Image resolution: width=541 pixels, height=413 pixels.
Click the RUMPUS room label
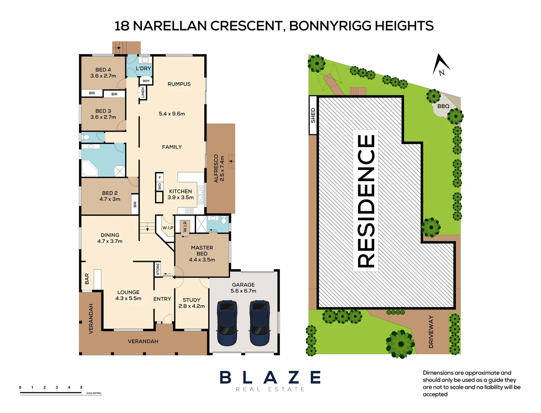pos(179,84)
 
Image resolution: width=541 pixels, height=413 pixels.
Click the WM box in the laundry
pos(146,81)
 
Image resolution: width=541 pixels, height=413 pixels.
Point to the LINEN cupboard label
pos(143,93)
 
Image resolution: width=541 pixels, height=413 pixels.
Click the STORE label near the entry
pos(158,269)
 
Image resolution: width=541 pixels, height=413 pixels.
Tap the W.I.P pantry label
pos(168,228)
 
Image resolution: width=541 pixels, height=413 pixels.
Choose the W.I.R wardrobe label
pos(185,226)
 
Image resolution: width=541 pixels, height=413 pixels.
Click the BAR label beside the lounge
pos(87,278)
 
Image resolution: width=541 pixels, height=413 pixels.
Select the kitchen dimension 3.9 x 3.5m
pos(181,197)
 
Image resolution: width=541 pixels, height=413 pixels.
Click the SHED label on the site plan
pos(313,115)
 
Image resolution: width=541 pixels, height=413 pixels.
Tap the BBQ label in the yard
pos(443,106)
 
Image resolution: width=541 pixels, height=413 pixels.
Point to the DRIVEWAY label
pos(431,332)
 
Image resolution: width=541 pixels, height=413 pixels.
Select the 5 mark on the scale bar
pos(81,387)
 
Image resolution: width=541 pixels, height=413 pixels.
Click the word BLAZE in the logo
pos(270,377)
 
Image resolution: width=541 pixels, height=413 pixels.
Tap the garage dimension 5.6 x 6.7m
pos(243,291)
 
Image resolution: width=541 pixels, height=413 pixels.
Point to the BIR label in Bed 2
pos(135,205)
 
